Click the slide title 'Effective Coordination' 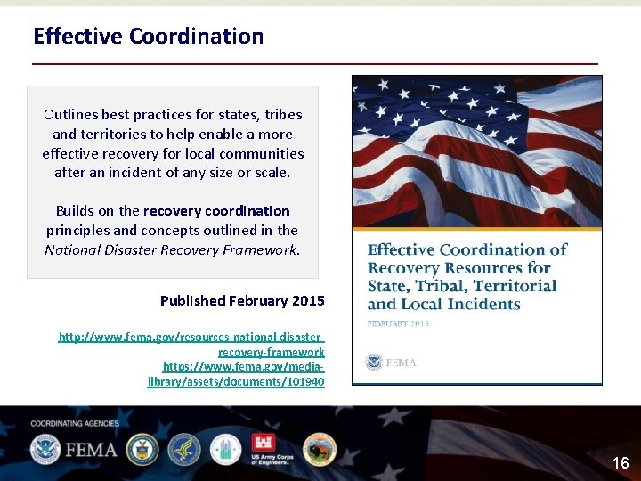click(148, 37)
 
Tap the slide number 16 click(621, 463)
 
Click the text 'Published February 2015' click(242, 301)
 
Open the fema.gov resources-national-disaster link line click(191, 338)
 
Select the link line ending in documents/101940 click(236, 381)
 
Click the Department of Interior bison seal click(319, 450)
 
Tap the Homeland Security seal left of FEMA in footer click(45, 450)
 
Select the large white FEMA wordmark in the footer click(89, 450)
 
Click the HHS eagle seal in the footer click(184, 450)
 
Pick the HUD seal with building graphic click(226, 450)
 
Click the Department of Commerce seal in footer click(142, 450)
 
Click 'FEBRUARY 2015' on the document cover click(398, 323)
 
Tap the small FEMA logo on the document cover click(391, 362)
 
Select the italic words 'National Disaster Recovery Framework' click(173, 250)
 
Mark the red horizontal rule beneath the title click(315, 64)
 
